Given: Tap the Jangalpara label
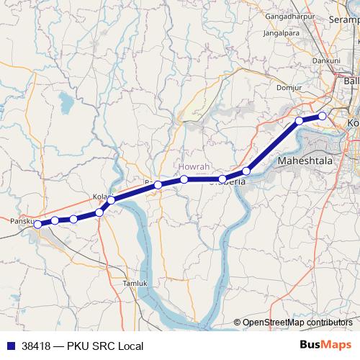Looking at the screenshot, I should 281,32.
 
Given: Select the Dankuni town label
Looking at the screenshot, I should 325,61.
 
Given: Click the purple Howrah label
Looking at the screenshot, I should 194,166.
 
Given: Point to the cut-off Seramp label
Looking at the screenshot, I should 344,20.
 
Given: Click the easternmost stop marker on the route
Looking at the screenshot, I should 323,116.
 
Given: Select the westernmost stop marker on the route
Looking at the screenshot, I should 38,225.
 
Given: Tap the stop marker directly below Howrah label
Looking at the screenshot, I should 184,179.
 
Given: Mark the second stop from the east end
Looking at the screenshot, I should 299,121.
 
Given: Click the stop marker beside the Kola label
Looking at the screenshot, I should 111,199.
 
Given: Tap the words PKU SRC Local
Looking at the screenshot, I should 107,346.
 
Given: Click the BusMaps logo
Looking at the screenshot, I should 320,346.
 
